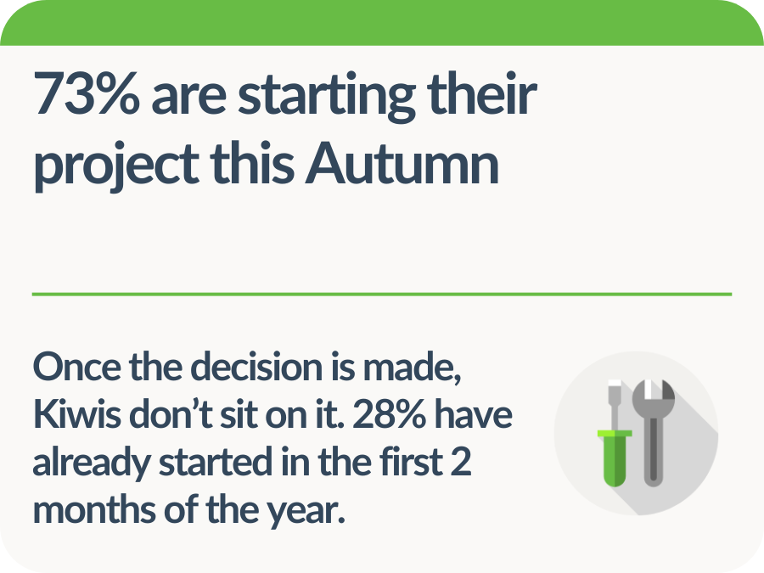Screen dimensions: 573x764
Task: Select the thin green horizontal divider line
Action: point(382,294)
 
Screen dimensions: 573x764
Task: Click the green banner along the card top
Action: point(382,22)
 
